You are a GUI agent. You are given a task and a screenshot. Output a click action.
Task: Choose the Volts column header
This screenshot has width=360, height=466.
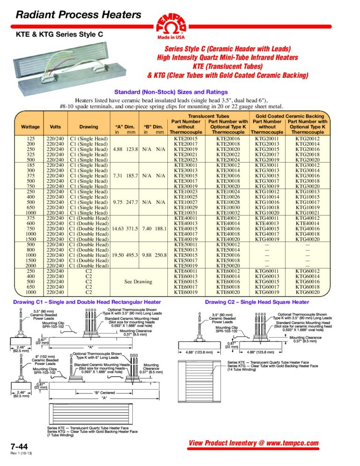click(x=55, y=127)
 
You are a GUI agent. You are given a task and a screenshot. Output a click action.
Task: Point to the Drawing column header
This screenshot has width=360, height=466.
click(x=89, y=127)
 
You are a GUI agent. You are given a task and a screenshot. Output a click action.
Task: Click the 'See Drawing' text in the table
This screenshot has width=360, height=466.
click(x=138, y=282)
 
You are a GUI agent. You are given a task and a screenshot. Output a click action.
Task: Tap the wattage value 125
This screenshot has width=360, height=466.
click(x=30, y=139)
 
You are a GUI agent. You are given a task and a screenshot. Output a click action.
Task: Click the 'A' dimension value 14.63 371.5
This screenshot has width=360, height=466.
click(x=124, y=228)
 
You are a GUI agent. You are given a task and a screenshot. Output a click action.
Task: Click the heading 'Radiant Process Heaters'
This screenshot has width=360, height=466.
click(x=78, y=15)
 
